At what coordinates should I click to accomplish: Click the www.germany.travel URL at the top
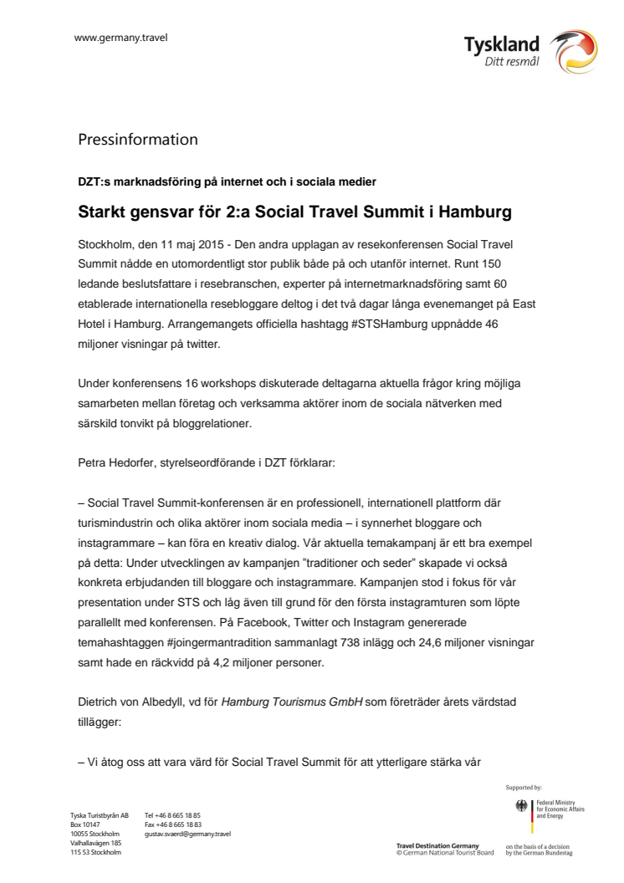click(x=120, y=38)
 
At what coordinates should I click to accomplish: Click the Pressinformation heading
click(x=138, y=139)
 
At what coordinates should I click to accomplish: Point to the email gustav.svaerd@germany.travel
click(x=187, y=834)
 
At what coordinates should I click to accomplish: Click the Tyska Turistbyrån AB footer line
click(x=100, y=815)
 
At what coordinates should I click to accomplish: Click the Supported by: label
click(x=524, y=787)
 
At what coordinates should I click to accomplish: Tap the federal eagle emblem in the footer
click(x=523, y=808)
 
